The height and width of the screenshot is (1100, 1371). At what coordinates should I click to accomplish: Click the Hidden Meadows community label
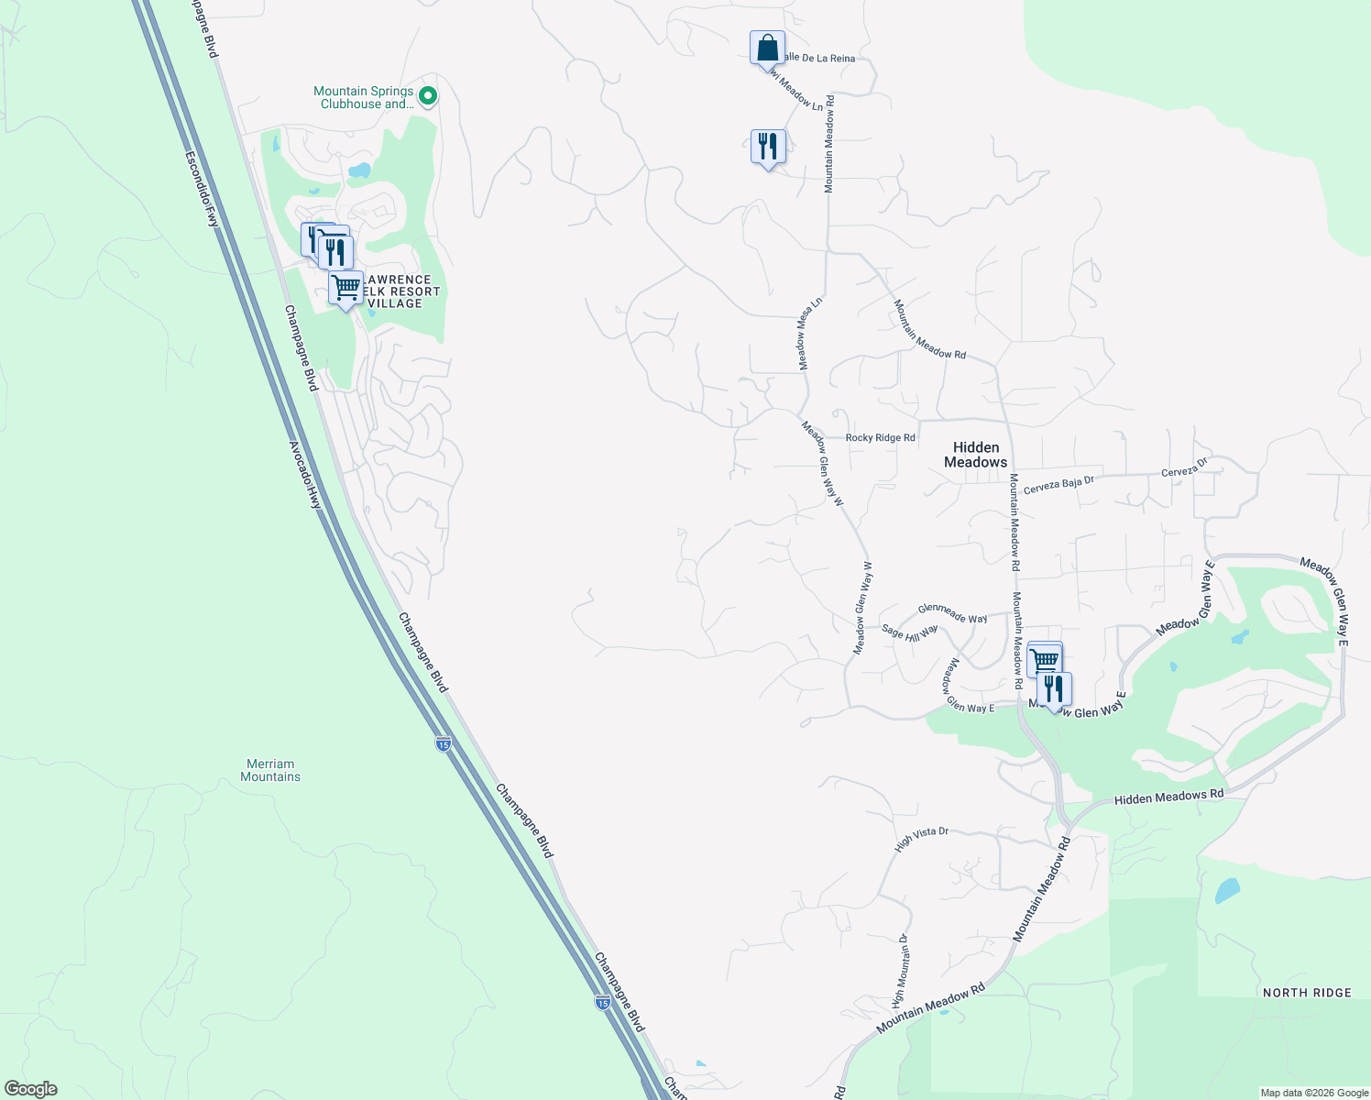[x=975, y=455]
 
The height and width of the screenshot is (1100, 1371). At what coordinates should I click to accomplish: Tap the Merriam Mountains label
[x=270, y=770]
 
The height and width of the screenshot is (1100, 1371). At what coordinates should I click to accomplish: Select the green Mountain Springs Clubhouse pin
[x=427, y=95]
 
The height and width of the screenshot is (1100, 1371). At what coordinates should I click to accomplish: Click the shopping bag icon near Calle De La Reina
[x=767, y=49]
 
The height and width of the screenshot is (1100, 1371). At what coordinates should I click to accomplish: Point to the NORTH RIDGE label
[x=1306, y=993]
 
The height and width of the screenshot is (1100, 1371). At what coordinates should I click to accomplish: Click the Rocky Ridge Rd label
[x=880, y=438]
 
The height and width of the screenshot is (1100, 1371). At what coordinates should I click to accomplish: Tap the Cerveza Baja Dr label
[x=1058, y=485]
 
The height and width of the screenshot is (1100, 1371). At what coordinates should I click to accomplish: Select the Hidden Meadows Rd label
[x=1168, y=797]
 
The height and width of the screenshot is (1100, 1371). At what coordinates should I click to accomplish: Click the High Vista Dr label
[x=921, y=837]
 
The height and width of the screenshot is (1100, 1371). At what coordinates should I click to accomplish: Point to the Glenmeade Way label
[x=952, y=613]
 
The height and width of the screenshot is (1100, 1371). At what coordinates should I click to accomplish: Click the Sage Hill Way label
[x=909, y=632]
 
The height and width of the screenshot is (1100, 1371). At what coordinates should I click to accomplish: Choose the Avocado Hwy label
[x=305, y=475]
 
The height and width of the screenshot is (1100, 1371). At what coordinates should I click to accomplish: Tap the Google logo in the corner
[x=31, y=1089]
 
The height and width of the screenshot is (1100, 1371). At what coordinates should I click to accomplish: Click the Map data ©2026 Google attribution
[x=1314, y=1093]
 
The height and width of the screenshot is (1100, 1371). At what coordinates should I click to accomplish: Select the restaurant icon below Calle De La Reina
[x=767, y=147]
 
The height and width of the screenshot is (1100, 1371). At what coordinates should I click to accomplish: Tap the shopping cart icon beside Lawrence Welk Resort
[x=345, y=289]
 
